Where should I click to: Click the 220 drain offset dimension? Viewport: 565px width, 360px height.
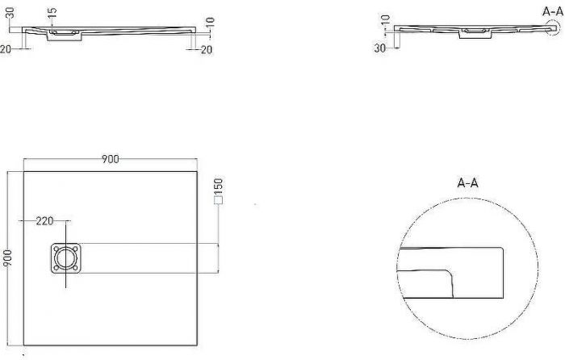click(44, 221)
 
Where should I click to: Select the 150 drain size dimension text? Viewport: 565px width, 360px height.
click(219, 186)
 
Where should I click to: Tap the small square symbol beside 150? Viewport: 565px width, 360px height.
click(219, 200)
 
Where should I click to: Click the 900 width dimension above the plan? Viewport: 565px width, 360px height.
click(111, 159)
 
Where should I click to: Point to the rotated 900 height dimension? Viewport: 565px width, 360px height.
click(7, 258)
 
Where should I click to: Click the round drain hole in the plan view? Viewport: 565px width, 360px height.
click(66, 258)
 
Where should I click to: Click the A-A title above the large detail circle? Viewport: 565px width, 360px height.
click(467, 183)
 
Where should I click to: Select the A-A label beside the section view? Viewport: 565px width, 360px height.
click(553, 11)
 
